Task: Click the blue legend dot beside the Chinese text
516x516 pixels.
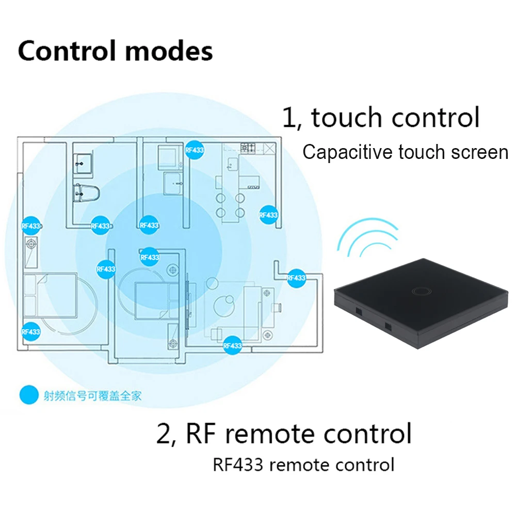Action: pyautogui.click(x=29, y=395)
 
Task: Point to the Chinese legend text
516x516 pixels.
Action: pyautogui.click(x=92, y=396)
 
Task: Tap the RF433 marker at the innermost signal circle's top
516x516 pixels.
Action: pyautogui.click(x=149, y=225)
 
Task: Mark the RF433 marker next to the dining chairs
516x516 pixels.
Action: pyautogui.click(x=268, y=215)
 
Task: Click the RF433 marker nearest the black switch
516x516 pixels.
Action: pyautogui.click(x=296, y=278)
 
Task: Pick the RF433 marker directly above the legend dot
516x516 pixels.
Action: pyautogui.click(x=30, y=332)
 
